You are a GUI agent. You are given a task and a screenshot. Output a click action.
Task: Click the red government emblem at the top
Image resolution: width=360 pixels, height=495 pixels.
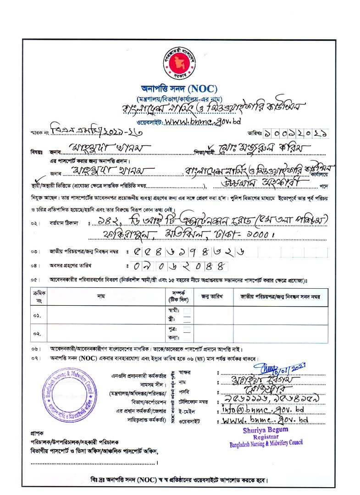179,65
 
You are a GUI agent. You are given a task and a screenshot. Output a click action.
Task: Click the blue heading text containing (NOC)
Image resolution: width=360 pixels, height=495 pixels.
179,89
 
